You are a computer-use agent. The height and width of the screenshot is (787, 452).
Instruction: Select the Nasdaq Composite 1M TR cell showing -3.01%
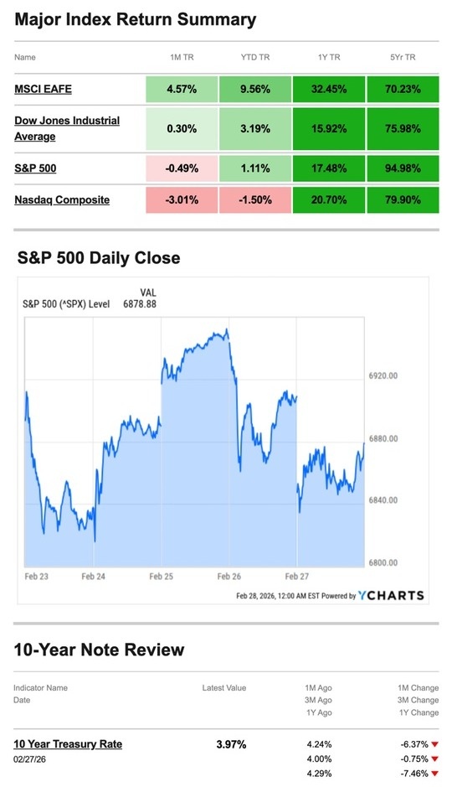181,199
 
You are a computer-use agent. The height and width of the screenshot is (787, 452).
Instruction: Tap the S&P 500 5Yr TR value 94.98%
402,168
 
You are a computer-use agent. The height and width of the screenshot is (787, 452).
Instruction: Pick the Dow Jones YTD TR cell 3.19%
254,128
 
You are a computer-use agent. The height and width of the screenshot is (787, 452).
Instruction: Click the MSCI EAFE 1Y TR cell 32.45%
328,89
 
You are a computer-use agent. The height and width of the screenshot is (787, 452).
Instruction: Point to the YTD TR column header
254,57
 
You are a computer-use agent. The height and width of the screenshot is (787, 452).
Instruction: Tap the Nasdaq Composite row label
61,199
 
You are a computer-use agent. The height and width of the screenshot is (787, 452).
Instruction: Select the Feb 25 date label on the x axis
161,577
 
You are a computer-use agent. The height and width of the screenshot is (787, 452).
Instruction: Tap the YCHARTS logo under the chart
391,595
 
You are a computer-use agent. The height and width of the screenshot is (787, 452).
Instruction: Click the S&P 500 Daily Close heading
99,258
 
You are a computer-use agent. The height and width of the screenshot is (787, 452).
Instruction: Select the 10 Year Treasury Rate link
68,743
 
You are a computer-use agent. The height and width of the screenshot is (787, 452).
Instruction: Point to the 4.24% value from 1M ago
319,743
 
